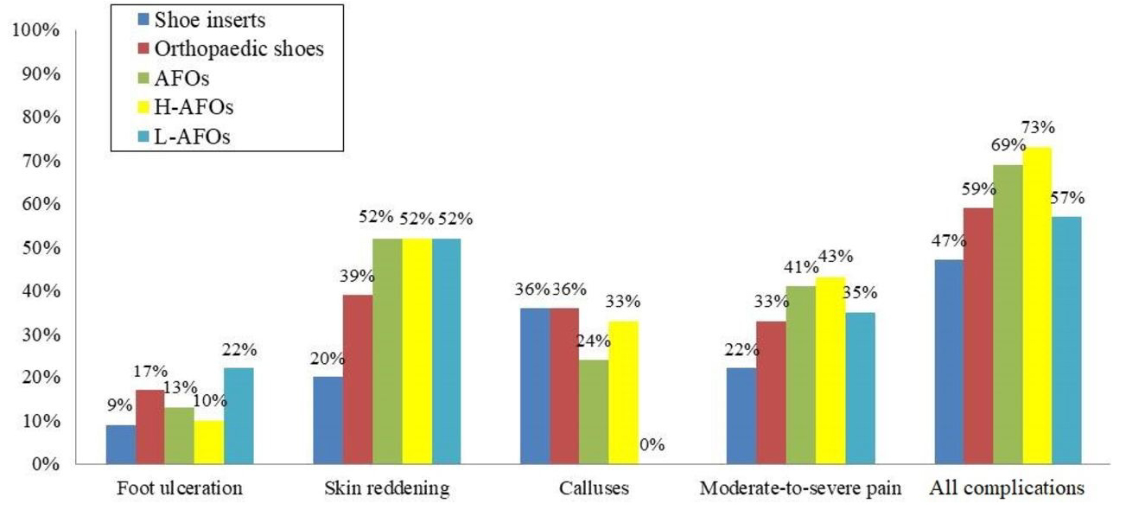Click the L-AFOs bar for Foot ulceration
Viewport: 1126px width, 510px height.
tap(239, 416)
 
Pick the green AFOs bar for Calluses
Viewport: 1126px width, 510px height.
tap(593, 411)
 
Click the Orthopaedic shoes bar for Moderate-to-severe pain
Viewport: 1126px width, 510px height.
tap(770, 392)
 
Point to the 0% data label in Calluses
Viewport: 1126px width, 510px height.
tap(652, 445)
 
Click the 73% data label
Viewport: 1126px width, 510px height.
tap(1038, 127)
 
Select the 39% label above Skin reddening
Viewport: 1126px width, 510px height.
tap(356, 276)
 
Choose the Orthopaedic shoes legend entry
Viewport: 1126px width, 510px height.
tap(238, 49)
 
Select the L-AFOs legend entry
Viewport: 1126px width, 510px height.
tap(191, 137)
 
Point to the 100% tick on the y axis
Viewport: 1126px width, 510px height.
tap(35, 32)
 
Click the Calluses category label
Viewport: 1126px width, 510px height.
tap(594, 489)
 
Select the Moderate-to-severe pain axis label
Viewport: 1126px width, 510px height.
tap(800, 489)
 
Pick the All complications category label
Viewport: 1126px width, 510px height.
tap(1007, 489)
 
